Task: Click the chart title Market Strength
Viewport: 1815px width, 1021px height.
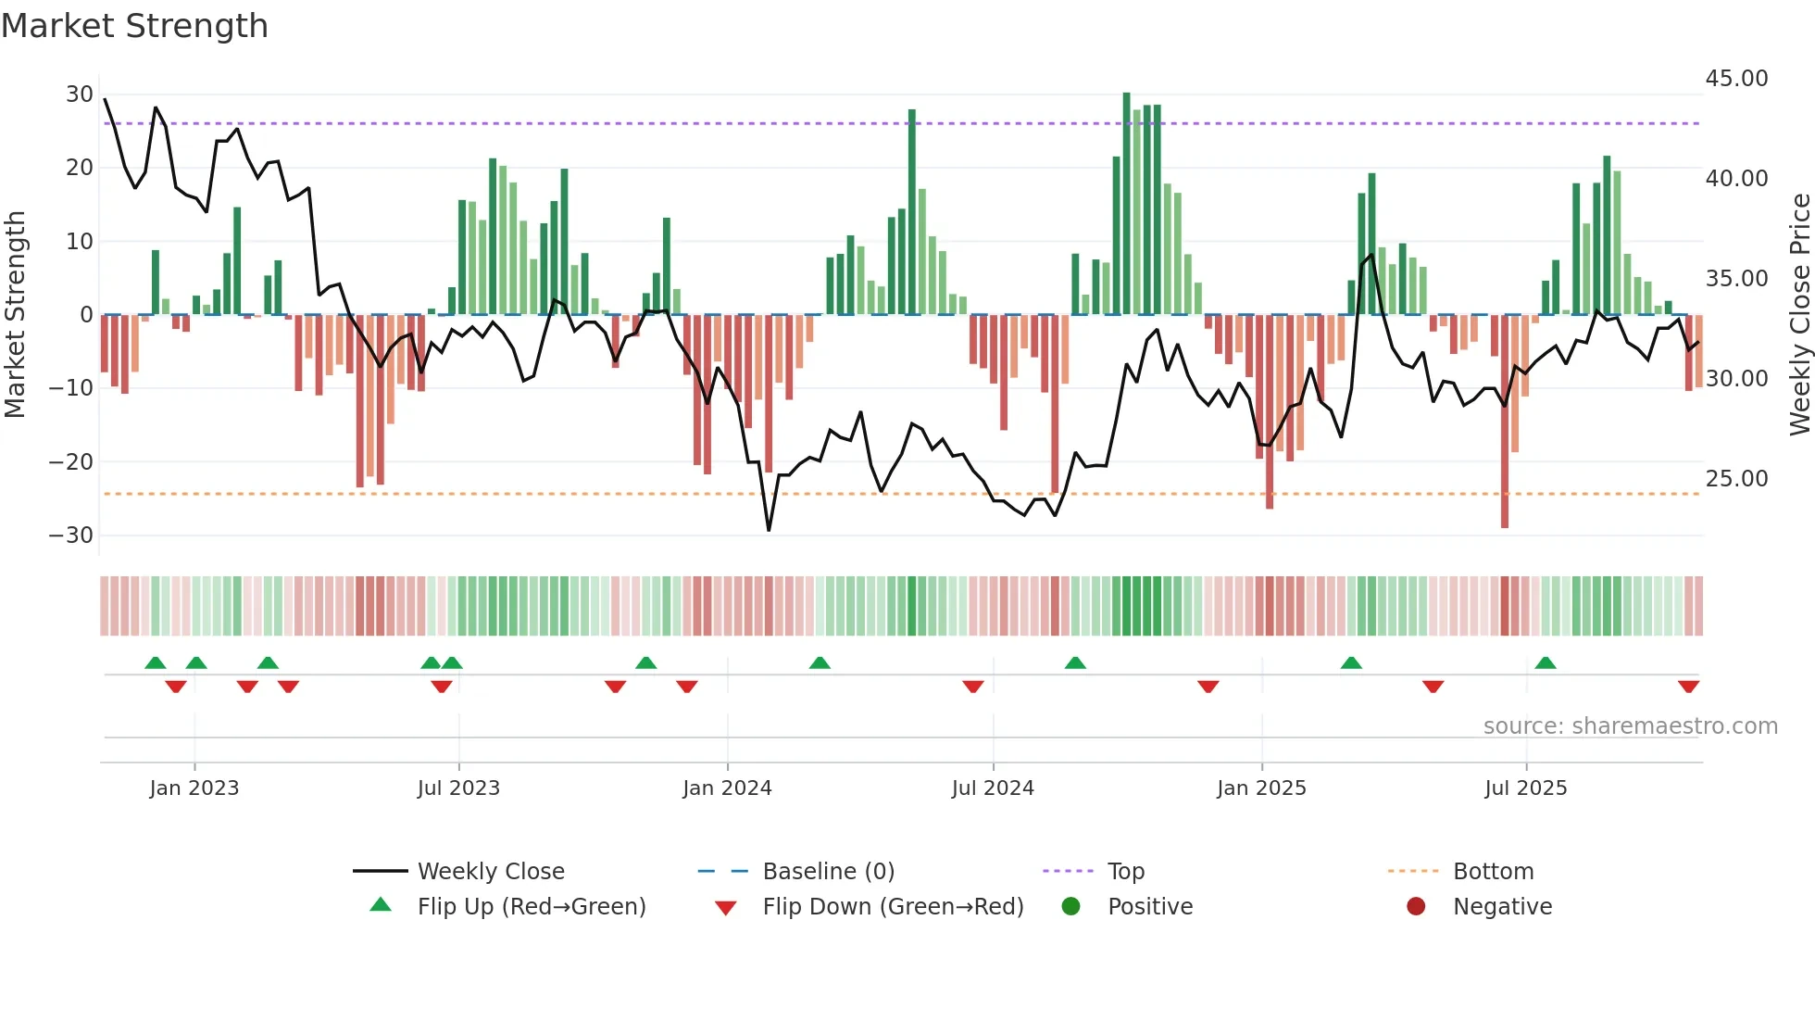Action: [x=134, y=26]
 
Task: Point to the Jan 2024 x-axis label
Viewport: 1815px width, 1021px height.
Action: [x=727, y=788]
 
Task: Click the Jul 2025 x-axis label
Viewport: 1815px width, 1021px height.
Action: [x=1525, y=788]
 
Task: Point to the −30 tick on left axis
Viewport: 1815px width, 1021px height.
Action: [x=71, y=536]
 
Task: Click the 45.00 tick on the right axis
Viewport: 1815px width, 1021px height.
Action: [x=1736, y=79]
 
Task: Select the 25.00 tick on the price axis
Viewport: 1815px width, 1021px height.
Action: [x=1736, y=479]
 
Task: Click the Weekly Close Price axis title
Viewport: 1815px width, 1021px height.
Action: [x=1799, y=315]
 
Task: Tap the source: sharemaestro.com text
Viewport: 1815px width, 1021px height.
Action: [x=1630, y=726]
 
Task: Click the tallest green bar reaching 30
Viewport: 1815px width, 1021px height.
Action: [x=1126, y=204]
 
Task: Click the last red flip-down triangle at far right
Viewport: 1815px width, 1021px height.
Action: [x=1688, y=687]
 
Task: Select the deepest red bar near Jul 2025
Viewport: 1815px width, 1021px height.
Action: [x=1505, y=422]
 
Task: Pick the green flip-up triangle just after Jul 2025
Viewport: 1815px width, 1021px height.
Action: [x=1545, y=662]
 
